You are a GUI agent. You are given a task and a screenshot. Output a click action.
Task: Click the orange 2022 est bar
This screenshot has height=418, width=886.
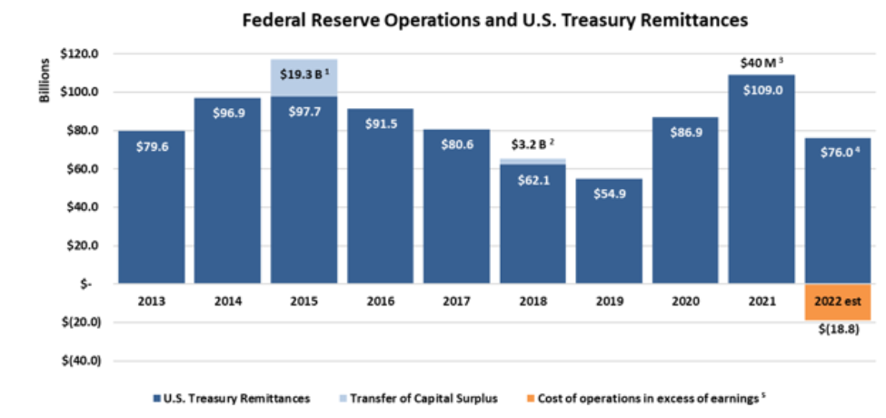pos(838,302)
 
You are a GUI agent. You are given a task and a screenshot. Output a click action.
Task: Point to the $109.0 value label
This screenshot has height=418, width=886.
pos(762,90)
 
